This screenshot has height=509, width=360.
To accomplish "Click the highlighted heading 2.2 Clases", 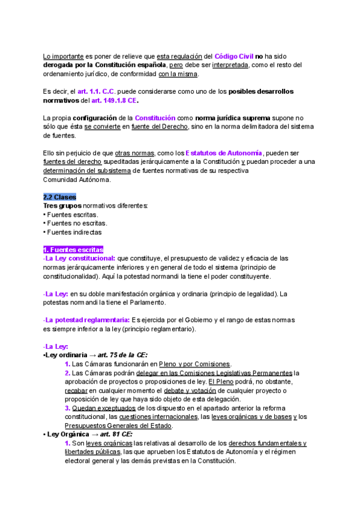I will pos(59,197).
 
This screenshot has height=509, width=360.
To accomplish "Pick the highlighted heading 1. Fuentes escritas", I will pos(73,250).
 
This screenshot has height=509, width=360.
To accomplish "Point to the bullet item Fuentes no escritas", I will pos(77,223).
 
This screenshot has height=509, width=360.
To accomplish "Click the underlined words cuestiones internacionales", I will pos(158,417).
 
